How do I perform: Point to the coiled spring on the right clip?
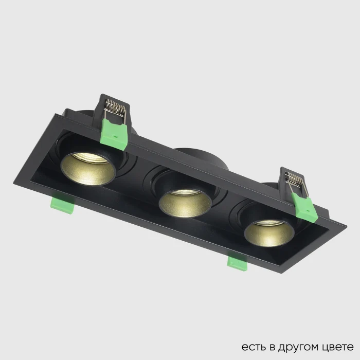click(x=295, y=181)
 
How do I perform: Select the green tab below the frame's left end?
click(x=62, y=204)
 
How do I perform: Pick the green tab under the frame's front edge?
click(x=238, y=262)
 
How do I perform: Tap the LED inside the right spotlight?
click(x=268, y=223)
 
